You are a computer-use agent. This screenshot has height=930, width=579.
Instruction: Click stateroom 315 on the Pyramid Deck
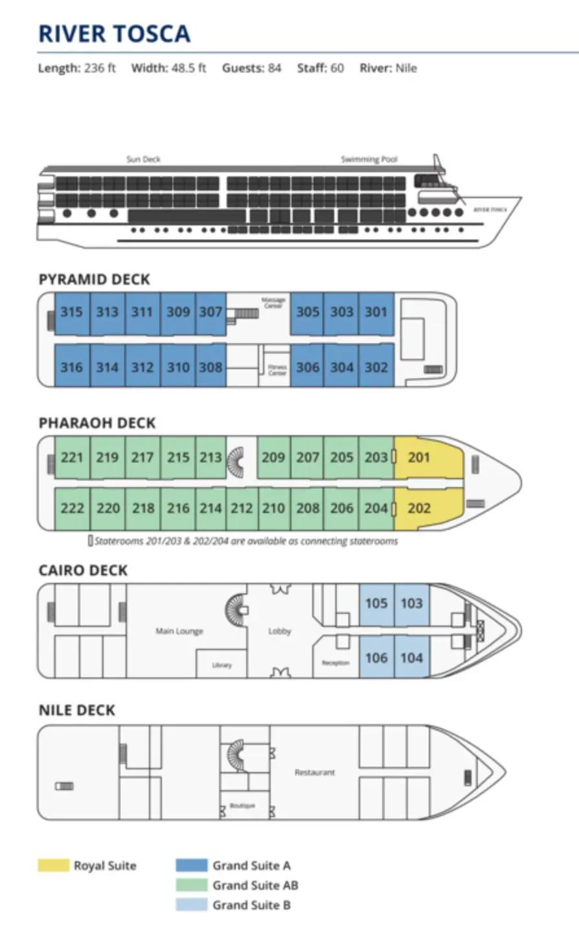point(71,312)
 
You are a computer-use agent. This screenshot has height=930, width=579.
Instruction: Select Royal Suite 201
point(420,457)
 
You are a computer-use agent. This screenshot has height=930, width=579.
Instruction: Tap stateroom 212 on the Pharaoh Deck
point(242,508)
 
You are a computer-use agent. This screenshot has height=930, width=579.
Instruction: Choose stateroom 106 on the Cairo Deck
point(376,658)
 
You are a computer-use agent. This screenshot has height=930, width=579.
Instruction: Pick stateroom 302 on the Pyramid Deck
point(376,367)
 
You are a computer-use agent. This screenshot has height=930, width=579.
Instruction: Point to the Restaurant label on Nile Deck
point(315,773)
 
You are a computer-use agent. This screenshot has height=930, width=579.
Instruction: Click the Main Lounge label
point(179,631)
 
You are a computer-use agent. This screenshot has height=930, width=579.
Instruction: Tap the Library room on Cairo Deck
point(221,665)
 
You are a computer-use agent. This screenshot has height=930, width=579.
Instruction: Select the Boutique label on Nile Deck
point(242,806)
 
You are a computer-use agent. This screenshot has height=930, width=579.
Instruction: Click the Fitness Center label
point(277,370)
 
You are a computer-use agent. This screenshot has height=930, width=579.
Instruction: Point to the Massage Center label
point(273,302)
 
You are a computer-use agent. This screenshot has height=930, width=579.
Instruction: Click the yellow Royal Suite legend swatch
point(53,865)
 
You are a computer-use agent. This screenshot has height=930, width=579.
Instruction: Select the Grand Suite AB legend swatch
point(191,885)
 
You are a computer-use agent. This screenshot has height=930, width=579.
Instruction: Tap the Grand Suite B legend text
point(251,905)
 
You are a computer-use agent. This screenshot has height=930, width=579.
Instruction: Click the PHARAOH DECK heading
point(97,424)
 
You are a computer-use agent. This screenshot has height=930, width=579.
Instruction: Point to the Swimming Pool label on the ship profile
point(369,159)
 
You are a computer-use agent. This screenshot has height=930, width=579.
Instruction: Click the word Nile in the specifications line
point(405,68)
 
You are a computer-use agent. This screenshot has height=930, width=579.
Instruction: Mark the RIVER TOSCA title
point(115,34)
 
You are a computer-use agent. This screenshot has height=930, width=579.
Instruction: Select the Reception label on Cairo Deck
point(335,663)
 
